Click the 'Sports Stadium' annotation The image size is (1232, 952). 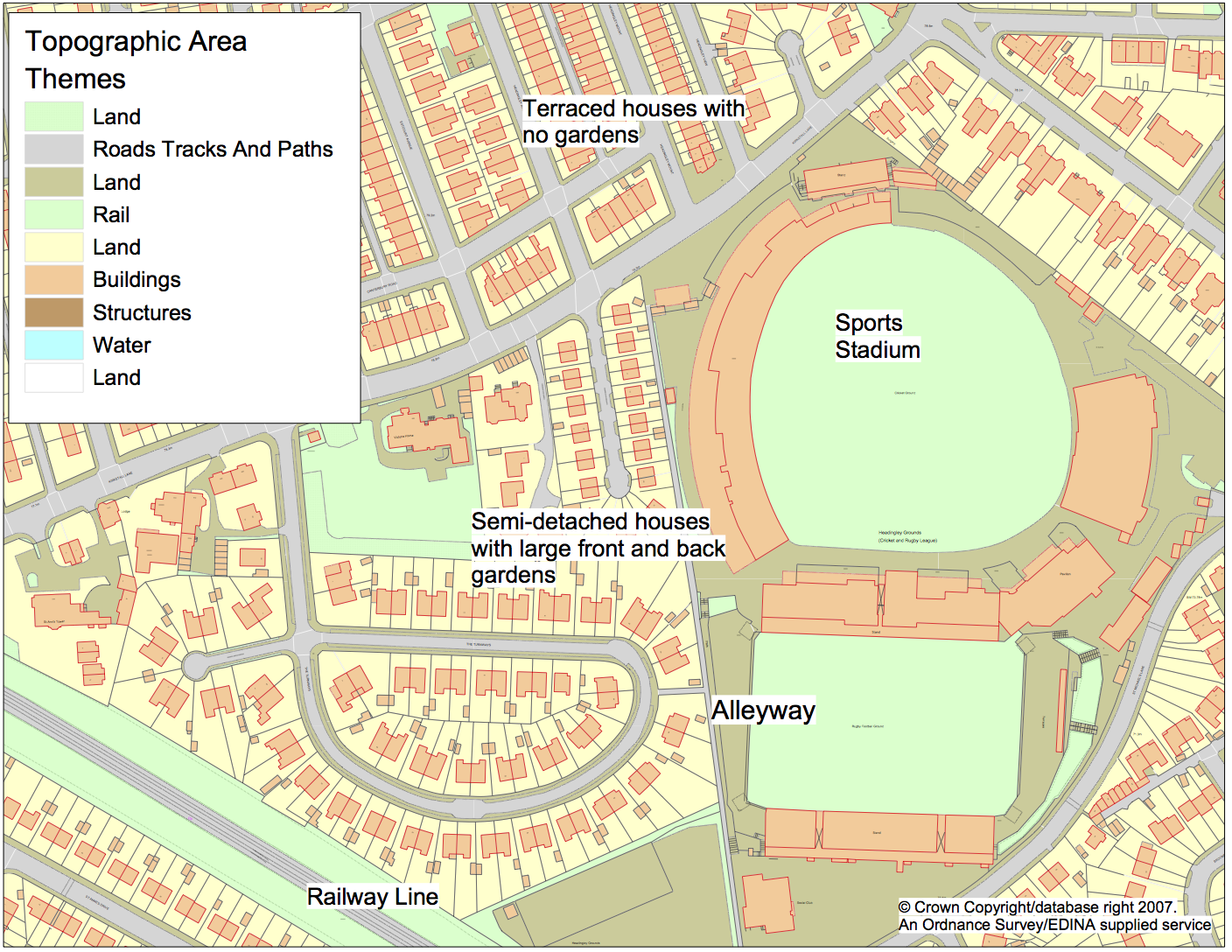click(x=877, y=336)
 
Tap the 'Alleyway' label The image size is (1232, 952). click(x=762, y=710)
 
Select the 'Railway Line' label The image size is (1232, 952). click(x=372, y=897)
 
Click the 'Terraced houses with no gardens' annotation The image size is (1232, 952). click(x=632, y=122)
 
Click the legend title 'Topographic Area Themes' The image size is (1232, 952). click(x=135, y=59)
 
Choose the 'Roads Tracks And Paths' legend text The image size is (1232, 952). click(x=213, y=150)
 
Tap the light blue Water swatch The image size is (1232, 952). click(x=53, y=345)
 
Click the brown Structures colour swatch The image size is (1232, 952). click(x=53, y=312)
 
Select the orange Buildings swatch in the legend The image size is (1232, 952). click(x=53, y=280)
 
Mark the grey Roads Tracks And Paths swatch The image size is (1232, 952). click(x=53, y=150)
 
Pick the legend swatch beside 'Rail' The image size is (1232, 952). click(x=53, y=214)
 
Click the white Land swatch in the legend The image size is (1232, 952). click(x=53, y=377)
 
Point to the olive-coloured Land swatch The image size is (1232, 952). click(x=53, y=182)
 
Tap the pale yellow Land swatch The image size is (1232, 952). click(x=53, y=248)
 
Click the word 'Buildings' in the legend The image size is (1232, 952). click(x=136, y=280)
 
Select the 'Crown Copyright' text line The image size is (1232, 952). click(x=1037, y=907)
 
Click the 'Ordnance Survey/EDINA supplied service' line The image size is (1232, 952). click(x=1054, y=925)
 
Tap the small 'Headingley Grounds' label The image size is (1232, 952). click(x=899, y=532)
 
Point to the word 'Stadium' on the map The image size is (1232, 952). click(x=877, y=350)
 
